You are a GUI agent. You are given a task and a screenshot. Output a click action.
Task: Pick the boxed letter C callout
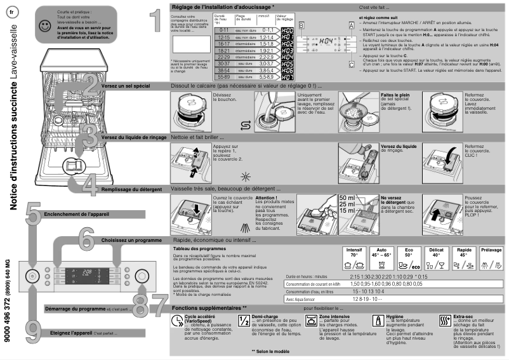(x=351, y=63)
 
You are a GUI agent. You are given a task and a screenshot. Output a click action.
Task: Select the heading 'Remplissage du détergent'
(x=133, y=189)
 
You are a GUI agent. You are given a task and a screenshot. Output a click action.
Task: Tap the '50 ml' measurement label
(x=347, y=197)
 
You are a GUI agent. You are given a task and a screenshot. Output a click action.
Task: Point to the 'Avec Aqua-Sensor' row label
(x=301, y=298)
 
